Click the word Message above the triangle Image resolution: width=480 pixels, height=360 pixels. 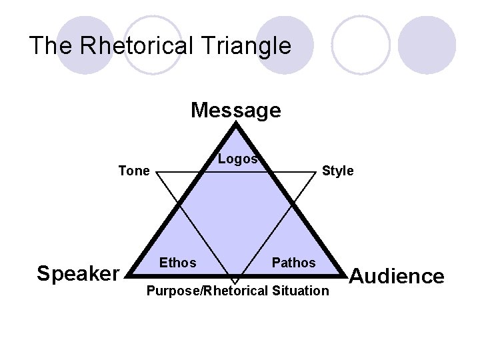click(x=235, y=110)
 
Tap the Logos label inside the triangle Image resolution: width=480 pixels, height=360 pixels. click(x=237, y=159)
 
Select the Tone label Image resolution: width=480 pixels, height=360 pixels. click(x=133, y=171)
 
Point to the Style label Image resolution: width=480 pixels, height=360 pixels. click(x=337, y=171)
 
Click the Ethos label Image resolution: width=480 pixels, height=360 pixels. click(x=177, y=263)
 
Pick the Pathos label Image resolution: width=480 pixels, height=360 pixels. click(x=293, y=263)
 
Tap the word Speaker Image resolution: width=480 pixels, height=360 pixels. click(x=77, y=273)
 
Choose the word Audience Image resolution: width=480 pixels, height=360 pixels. click(x=397, y=276)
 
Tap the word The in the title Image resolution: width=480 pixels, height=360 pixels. click(x=53, y=46)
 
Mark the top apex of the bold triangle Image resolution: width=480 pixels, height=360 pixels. click(x=235, y=124)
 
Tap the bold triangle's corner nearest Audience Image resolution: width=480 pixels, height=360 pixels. click(x=345, y=274)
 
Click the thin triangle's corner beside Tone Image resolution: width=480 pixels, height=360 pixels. click(x=155, y=173)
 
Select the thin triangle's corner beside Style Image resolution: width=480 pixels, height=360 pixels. click(x=316, y=173)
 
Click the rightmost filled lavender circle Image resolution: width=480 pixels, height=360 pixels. click(x=431, y=45)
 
